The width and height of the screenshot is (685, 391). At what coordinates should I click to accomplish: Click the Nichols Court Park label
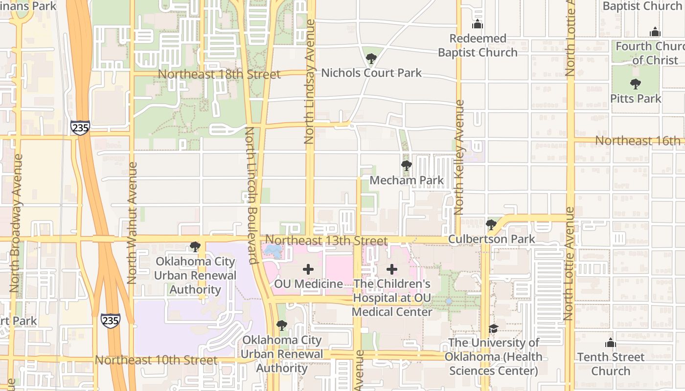371,73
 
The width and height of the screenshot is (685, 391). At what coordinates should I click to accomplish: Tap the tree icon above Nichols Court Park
371,59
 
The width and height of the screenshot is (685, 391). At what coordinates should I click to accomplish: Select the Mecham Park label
407,180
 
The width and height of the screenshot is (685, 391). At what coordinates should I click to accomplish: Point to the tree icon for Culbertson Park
491,225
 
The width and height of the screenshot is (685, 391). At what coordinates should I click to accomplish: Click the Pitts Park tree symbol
636,84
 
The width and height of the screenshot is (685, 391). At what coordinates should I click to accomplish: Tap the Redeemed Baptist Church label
478,45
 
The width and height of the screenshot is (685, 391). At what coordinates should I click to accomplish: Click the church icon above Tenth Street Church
610,343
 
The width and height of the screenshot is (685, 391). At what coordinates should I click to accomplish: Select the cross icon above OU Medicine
308,269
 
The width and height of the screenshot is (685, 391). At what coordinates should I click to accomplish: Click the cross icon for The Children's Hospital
392,269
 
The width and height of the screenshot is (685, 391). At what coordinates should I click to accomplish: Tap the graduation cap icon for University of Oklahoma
493,328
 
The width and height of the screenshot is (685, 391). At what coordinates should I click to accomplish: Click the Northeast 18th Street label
220,74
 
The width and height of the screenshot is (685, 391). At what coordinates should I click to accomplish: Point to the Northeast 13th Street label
327,240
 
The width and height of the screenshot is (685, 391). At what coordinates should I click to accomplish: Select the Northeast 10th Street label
156,360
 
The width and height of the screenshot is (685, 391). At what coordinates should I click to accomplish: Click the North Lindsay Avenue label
309,81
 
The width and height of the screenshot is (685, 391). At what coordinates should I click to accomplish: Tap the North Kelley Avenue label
459,157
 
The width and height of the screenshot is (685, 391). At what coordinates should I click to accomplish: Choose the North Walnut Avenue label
132,223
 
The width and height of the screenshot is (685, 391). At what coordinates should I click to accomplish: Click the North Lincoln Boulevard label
250,195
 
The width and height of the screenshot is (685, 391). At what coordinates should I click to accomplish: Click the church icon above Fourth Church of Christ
655,32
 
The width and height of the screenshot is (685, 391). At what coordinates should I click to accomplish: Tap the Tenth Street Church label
611,364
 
